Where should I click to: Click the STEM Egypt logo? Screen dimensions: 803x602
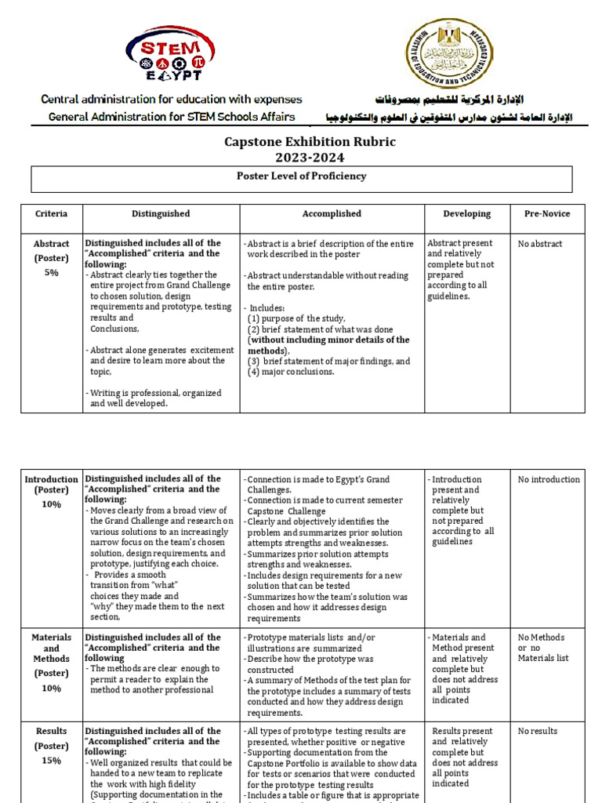point(171,52)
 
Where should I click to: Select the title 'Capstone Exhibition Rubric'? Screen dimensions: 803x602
point(310,142)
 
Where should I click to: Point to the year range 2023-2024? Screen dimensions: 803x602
point(310,158)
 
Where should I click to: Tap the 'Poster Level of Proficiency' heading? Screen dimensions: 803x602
point(301,176)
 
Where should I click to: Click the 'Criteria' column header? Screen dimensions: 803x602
point(52,213)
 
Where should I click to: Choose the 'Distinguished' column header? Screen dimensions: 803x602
point(161,213)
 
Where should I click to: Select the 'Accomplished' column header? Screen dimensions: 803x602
point(332,213)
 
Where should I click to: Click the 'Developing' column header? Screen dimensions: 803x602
point(467,213)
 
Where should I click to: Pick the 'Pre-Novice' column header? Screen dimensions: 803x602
point(547,213)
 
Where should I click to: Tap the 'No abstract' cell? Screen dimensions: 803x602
point(540,244)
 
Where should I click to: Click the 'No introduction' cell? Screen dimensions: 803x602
point(549,479)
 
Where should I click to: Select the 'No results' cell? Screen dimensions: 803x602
point(538,731)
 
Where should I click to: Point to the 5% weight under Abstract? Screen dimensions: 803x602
point(52,272)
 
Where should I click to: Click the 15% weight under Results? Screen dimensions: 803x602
point(52,761)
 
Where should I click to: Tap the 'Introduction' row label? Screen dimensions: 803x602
point(52,479)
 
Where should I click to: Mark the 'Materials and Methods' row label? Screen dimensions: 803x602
point(52,649)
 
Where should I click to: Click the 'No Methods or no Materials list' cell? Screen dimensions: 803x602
point(543,648)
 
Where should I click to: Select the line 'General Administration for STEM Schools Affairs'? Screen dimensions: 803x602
point(172,117)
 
